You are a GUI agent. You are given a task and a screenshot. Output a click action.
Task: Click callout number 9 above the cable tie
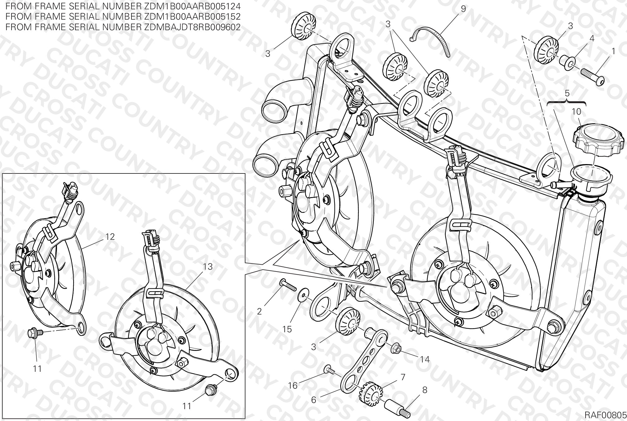463,9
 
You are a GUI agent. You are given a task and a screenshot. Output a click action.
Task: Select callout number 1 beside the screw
613,51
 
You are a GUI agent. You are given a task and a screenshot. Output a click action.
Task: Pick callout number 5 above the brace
567,93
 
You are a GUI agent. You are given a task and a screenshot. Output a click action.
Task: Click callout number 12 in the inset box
110,237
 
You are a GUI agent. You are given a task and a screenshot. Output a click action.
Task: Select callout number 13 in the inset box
207,267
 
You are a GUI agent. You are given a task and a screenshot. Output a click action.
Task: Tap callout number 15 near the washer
287,329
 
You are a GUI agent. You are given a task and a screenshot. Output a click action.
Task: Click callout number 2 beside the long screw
259,311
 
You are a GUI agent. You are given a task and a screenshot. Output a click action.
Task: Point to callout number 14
425,359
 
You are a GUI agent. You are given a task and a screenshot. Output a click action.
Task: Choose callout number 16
293,386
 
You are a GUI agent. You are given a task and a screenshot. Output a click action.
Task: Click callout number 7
403,377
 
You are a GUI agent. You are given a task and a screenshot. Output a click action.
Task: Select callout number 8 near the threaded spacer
425,390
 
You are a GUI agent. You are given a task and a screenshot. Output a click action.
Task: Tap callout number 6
314,400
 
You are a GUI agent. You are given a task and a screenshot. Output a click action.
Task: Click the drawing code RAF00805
605,415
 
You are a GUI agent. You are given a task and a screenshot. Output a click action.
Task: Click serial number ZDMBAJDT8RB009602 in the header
192,27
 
